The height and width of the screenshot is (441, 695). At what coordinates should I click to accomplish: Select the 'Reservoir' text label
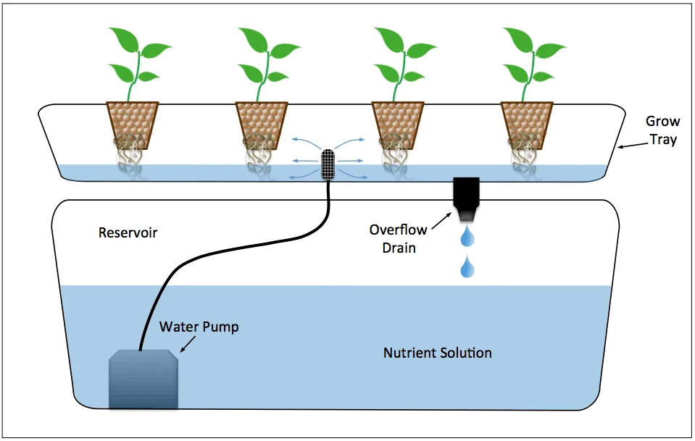[x=128, y=233]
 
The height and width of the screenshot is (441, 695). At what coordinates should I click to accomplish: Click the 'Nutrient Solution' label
[x=437, y=353]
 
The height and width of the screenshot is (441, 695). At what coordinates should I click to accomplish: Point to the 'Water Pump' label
[x=199, y=327]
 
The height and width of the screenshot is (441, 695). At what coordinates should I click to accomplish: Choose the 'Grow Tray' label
[x=662, y=130]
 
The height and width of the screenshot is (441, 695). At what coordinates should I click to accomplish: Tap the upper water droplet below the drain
[x=467, y=235]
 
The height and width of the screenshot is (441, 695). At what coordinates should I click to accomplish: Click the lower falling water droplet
[x=468, y=269]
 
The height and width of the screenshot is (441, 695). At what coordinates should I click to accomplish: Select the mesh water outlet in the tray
[x=328, y=164]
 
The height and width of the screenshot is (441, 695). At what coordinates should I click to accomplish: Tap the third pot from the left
[x=396, y=124]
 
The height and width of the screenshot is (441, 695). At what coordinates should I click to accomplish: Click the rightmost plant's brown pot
[x=526, y=124]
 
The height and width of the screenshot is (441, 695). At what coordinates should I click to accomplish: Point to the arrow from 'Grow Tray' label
[x=631, y=145]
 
